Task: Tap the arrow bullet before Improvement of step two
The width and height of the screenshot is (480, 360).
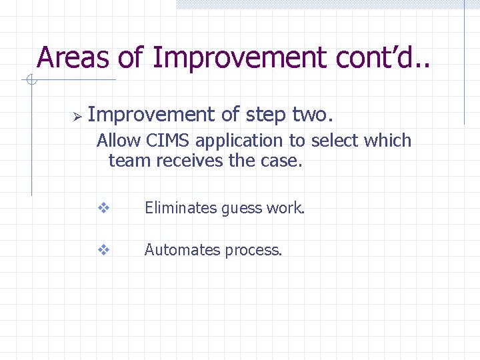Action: click(x=77, y=117)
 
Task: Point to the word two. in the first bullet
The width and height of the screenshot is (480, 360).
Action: click(x=312, y=115)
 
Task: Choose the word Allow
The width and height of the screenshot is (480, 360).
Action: click(x=118, y=141)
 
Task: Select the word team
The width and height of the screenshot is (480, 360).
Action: click(x=127, y=161)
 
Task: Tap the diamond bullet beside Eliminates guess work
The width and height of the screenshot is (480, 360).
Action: click(x=103, y=208)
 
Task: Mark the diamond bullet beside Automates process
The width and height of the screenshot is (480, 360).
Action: click(x=103, y=250)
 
